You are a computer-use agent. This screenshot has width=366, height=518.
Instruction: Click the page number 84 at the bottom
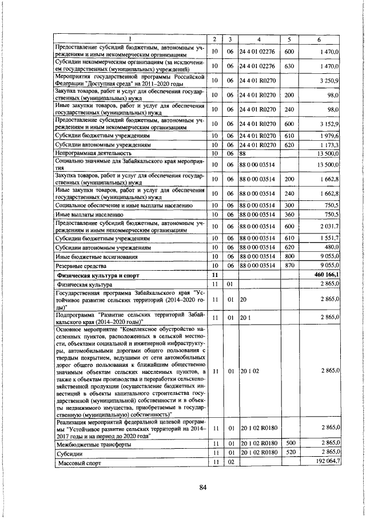point(202,487)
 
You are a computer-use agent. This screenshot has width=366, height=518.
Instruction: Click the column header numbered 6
point(326,38)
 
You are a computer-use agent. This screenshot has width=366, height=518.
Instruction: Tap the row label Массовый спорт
point(77,461)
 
